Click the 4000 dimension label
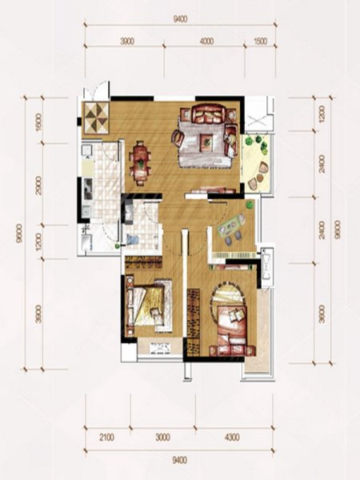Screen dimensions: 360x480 pos(206,41)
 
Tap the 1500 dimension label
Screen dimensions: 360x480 pos(261,41)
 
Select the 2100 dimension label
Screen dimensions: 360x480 pos(106,437)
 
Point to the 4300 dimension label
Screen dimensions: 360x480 pos(232,437)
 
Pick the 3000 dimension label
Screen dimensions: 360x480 pos(162,437)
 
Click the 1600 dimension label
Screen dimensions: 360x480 pos(38,122)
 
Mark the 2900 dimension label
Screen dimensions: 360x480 pos(38,186)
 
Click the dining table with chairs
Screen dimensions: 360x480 pos(140,162)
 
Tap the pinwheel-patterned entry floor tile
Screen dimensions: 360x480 pos(96,118)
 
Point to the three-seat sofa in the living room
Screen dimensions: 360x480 pos(208,114)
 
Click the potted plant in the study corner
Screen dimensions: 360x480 pos(250,204)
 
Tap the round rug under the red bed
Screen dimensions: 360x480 pos(228,306)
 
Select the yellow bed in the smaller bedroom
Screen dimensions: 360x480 pos(149,305)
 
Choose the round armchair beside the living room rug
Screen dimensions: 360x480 pos(178,137)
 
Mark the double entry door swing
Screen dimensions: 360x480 pos(97,90)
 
